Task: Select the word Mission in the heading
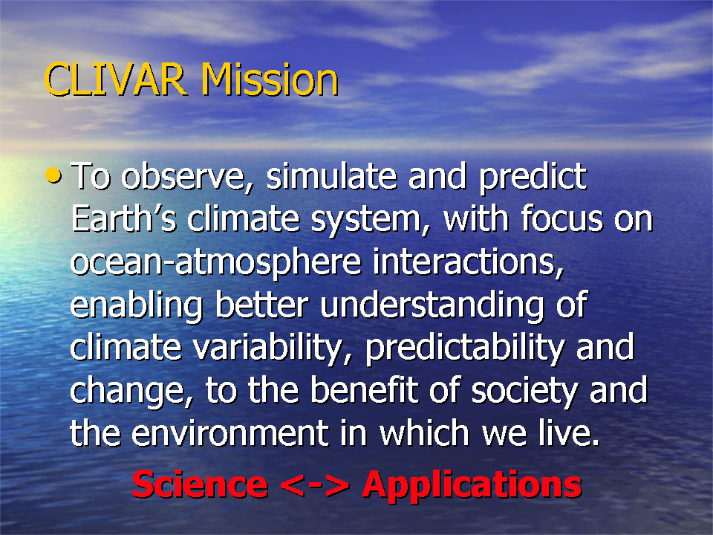[270, 80]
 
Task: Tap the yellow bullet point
[53, 175]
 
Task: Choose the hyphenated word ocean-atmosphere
[215, 264]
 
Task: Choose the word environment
[229, 432]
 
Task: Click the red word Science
[200, 484]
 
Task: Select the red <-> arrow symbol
[315, 486]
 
